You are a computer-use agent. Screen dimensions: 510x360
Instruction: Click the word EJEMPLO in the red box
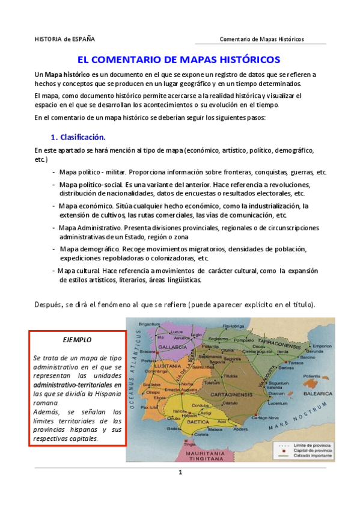(x=77, y=340)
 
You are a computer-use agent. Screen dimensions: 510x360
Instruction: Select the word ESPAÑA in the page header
(x=83, y=39)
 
